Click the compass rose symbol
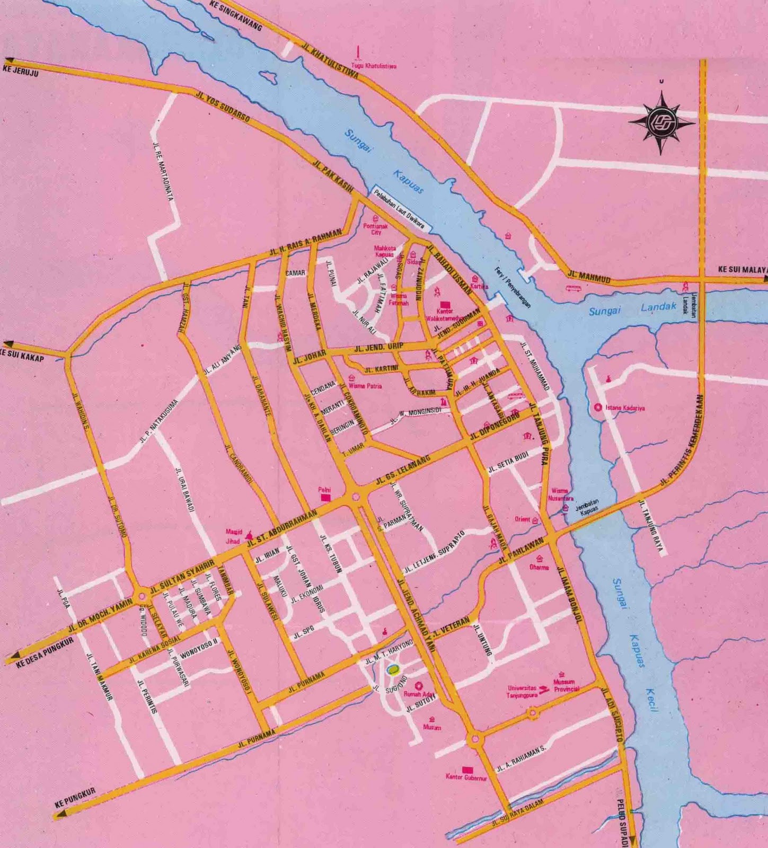661,122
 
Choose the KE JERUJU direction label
21,70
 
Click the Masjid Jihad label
233,536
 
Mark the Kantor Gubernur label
466,778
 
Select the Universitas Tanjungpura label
522,691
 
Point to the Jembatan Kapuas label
586,506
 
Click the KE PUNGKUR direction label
75,798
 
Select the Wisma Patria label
365,386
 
